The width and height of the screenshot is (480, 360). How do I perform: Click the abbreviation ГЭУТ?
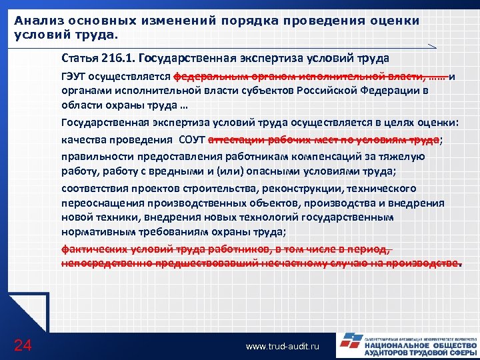(75, 76)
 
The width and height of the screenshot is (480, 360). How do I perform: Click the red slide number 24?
(22, 345)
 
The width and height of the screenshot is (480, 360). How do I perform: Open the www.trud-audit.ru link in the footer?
(282, 347)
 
